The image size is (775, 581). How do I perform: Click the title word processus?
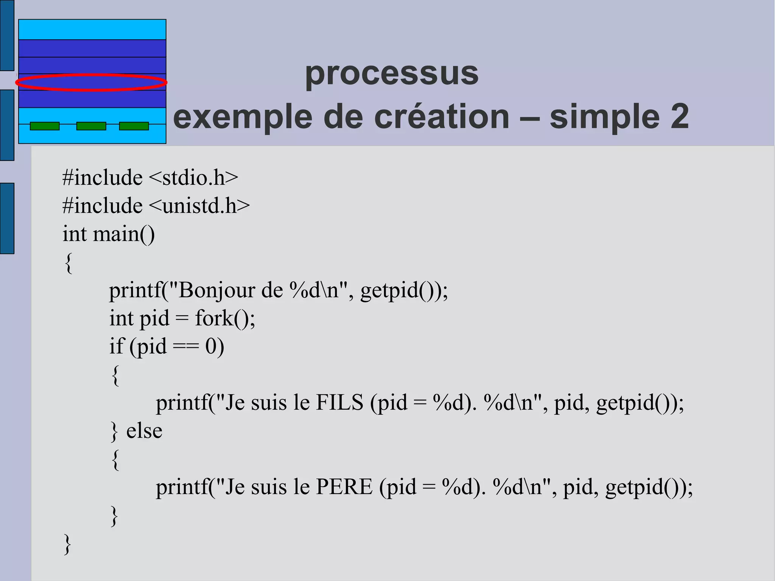point(392,74)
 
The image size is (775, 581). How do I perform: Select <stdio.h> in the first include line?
point(193,178)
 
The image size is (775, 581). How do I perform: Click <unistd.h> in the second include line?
point(199,206)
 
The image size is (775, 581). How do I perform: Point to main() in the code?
point(124,234)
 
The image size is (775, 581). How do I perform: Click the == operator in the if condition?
point(185,346)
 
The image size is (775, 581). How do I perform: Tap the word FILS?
point(339,402)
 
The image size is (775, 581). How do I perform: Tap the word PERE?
point(344,487)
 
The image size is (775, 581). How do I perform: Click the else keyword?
point(144,431)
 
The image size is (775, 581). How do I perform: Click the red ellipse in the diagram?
point(91,83)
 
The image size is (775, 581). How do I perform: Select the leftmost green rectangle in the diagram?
point(45,126)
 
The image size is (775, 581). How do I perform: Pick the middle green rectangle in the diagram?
point(91,126)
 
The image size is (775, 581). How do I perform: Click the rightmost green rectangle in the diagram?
point(134,126)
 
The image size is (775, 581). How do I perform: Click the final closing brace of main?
point(67,544)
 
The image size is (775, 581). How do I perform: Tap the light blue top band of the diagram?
point(92,30)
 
